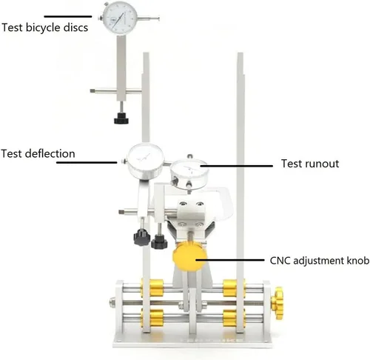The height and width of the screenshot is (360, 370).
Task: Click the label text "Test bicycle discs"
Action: click(44, 27)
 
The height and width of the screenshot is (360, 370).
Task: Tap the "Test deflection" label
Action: click(38, 153)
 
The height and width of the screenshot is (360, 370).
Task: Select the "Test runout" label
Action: click(310, 164)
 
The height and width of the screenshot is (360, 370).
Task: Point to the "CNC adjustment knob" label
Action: click(320, 261)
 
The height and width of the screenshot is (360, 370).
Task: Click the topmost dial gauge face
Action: click(120, 18)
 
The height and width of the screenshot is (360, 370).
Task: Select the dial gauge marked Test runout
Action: click(189, 174)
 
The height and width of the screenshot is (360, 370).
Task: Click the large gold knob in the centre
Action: click(189, 257)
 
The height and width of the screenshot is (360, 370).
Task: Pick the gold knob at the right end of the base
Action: click(277, 303)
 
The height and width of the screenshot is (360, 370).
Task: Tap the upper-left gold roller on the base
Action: click(152, 288)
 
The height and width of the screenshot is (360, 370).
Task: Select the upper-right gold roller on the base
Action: click(234, 288)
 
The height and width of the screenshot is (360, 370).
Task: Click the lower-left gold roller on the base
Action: click(152, 319)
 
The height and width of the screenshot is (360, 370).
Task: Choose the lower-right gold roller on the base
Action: click(234, 319)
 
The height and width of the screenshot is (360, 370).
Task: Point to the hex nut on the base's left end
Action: click(112, 301)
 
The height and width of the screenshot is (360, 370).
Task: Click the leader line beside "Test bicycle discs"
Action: click(68, 16)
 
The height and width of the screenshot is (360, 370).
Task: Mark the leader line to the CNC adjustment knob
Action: click(230, 260)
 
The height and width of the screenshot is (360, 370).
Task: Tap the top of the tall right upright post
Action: click(240, 53)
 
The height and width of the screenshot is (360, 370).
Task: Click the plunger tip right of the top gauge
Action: click(158, 19)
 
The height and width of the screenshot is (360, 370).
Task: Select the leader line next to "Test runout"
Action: click(237, 166)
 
